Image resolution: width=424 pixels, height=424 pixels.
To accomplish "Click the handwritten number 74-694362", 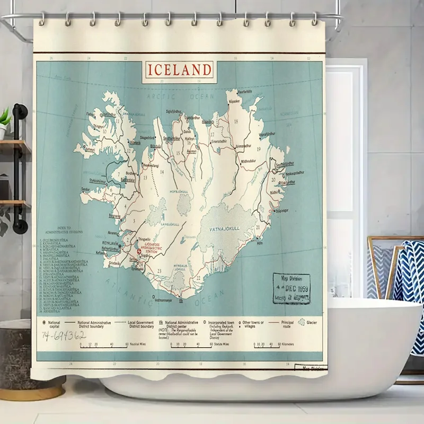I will [x=64, y=335].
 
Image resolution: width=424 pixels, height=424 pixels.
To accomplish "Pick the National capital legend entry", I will [x=51, y=323].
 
